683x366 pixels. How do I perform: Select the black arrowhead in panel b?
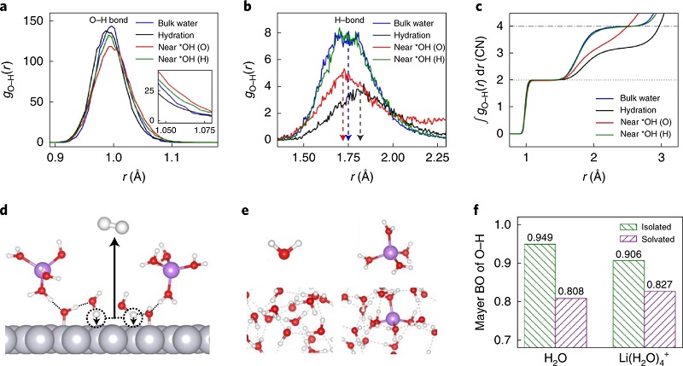click(360, 137)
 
